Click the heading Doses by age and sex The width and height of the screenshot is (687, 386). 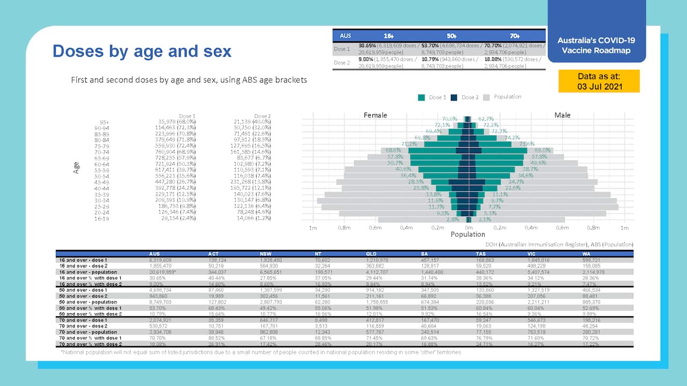click(x=142, y=51)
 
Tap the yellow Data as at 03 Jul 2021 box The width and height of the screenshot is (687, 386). click(x=599, y=81)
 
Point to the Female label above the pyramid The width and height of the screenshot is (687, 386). click(x=375, y=115)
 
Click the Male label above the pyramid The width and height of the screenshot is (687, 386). click(x=562, y=115)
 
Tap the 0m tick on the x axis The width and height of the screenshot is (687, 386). click(x=469, y=228)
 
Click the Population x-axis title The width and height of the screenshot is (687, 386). click(x=467, y=234)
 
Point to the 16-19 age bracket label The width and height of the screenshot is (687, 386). click(x=102, y=219)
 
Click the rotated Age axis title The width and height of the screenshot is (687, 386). click(x=76, y=168)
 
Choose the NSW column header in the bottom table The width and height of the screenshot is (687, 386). click(x=265, y=254)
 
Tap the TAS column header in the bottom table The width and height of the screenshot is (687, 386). click(x=481, y=254)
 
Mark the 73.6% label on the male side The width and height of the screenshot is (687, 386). click(x=527, y=144)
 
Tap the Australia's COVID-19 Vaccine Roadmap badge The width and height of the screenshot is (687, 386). click(x=596, y=46)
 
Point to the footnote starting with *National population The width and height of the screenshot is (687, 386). click(x=260, y=352)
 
